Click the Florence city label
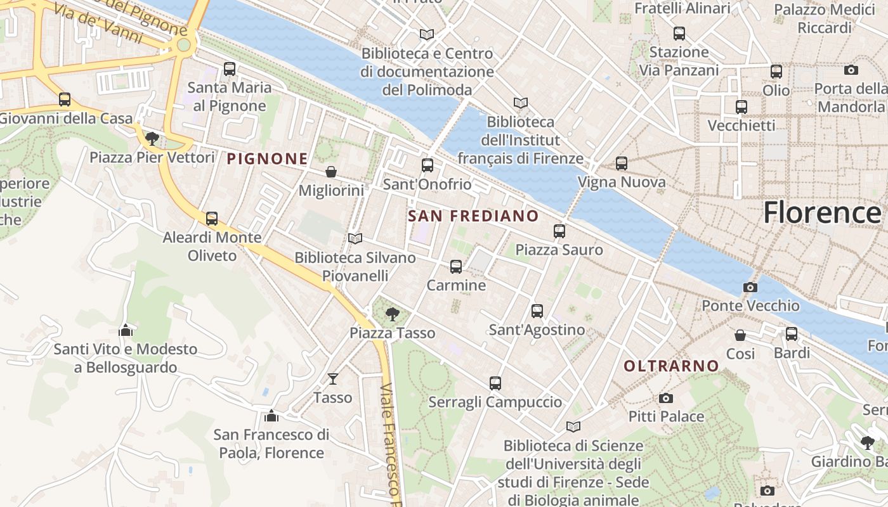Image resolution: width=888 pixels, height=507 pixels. [x=821, y=212]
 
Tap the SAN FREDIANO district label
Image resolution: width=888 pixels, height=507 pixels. [x=473, y=216]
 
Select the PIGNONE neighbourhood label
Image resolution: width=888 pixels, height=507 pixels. [x=267, y=159]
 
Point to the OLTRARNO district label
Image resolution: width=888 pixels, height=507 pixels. [x=671, y=366]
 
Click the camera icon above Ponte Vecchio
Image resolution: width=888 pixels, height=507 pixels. [x=750, y=287]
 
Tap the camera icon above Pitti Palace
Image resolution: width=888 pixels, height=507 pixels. [x=665, y=398]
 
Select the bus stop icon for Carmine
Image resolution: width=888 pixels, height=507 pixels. [x=455, y=267]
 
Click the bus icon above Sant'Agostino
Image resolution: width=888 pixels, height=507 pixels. [x=537, y=311]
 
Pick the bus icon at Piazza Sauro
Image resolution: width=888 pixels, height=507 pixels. [x=559, y=231]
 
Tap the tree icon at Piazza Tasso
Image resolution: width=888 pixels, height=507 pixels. [x=393, y=314]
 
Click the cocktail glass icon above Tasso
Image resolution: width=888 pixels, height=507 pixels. [x=332, y=379]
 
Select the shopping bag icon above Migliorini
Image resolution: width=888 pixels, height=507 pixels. [x=330, y=172]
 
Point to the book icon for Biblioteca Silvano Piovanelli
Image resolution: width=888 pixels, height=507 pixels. [x=355, y=239]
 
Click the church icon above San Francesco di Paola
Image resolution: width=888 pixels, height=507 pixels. [x=271, y=416]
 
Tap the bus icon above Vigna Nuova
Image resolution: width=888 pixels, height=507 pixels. [x=621, y=164]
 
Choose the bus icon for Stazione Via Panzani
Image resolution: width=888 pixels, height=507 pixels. [x=679, y=34]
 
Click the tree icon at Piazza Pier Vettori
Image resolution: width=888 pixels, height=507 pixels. [x=152, y=138]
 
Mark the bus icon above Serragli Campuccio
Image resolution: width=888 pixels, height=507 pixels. [x=495, y=383]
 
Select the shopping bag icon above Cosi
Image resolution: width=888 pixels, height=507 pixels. [x=740, y=335]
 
